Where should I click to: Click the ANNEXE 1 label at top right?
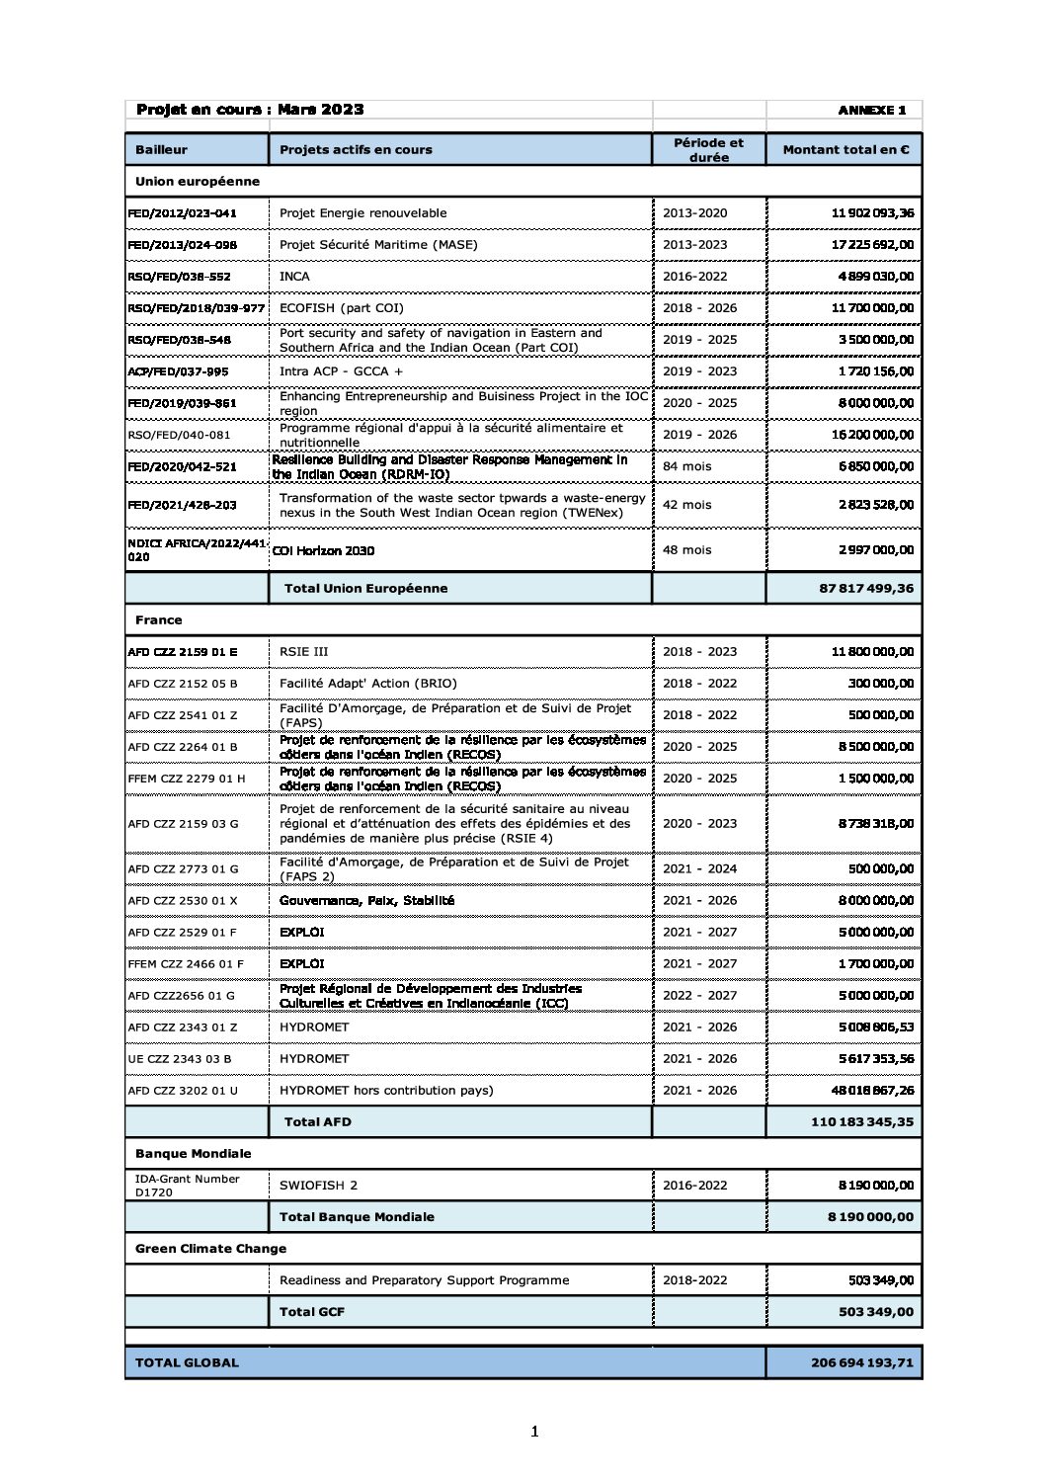pos(871,110)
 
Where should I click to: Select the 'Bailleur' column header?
pos(161,150)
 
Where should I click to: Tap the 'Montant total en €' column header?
pos(845,150)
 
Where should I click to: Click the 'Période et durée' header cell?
pos(708,150)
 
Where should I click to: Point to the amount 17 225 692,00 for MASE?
pos(872,245)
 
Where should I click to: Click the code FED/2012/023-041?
pos(183,213)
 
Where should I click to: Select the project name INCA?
pos(294,277)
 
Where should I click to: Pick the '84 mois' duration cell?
pos(686,466)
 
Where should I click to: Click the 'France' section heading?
pos(159,620)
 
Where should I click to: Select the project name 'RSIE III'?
pos(303,652)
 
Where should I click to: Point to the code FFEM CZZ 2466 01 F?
pos(186,964)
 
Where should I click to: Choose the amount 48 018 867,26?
pos(872,1091)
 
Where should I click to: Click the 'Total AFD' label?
pos(317,1122)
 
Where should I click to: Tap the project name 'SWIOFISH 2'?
pos(318,1186)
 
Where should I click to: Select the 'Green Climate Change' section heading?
pos(210,1249)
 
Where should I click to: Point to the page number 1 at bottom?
pos(534,1432)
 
